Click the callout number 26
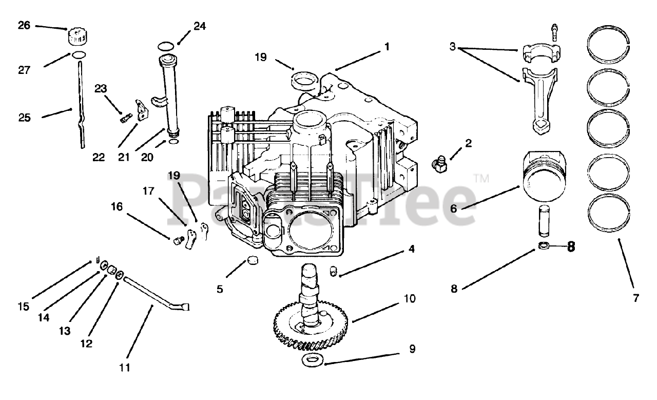[24, 24]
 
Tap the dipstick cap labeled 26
[75, 37]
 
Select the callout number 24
[200, 26]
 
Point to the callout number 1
[387, 47]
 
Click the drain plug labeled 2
[439, 165]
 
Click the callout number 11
[125, 368]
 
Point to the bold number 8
[570, 247]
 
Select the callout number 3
[452, 47]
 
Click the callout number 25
[24, 118]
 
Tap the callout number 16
[117, 206]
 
